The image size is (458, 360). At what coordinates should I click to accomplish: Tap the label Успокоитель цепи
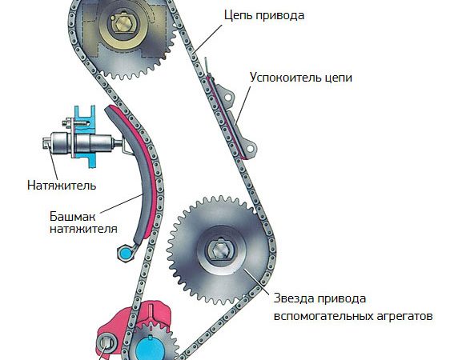tap(289, 78)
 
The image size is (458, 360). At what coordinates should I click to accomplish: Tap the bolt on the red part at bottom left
tap(106, 345)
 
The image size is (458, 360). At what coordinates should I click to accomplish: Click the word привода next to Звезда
tap(339, 298)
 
